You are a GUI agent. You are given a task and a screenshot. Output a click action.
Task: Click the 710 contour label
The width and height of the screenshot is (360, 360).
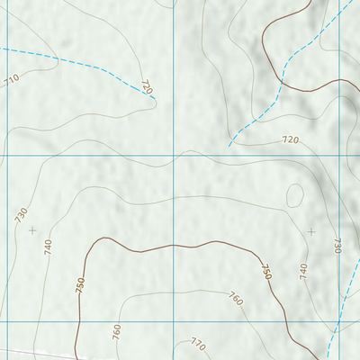tap(12, 80)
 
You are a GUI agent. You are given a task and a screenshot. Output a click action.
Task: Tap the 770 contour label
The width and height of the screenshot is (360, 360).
tap(198, 344)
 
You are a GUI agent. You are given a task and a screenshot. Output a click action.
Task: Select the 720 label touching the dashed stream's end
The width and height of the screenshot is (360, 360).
tap(147, 87)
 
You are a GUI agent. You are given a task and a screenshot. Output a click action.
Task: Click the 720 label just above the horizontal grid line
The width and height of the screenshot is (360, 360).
tap(290, 140)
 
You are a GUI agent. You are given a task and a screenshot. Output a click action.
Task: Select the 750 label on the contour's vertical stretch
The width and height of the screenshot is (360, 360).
tap(80, 285)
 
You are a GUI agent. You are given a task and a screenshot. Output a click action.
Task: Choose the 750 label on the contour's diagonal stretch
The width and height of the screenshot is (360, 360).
tap(265, 270)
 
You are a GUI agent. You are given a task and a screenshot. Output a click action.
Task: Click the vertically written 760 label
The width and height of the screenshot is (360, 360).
tap(116, 331)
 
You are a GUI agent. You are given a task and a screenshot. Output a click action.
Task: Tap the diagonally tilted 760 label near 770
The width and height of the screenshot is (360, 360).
tap(236, 298)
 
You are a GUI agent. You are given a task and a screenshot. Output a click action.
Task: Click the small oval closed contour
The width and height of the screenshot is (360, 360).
tap(295, 193)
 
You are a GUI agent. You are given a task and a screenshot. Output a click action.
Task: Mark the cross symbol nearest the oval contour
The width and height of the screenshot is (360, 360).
tap(311, 231)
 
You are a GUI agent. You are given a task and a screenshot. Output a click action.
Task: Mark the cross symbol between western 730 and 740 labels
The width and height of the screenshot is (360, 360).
tap(33, 230)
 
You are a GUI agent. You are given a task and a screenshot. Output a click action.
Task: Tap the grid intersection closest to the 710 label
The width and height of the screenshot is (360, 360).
tap(8, 155)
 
